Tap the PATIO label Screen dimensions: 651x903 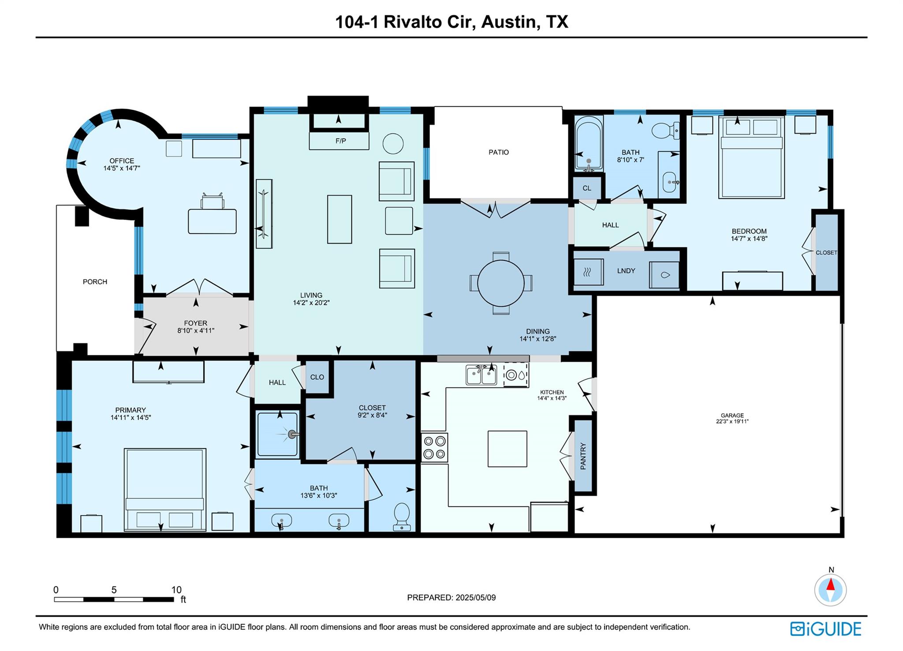(499, 152)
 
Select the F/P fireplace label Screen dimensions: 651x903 (340, 141)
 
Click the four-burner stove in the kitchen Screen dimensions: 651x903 (434, 447)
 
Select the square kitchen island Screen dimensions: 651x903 (507, 449)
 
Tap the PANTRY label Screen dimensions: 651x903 (583, 456)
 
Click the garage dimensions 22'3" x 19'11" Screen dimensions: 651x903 (732, 422)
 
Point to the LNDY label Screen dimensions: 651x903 (626, 271)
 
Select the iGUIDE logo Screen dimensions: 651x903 (825, 629)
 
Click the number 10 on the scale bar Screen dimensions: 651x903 (176, 590)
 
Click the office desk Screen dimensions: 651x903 (212, 221)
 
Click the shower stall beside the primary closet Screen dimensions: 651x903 (278, 434)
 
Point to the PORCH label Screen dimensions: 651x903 (95, 282)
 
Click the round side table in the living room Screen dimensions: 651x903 (393, 144)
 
